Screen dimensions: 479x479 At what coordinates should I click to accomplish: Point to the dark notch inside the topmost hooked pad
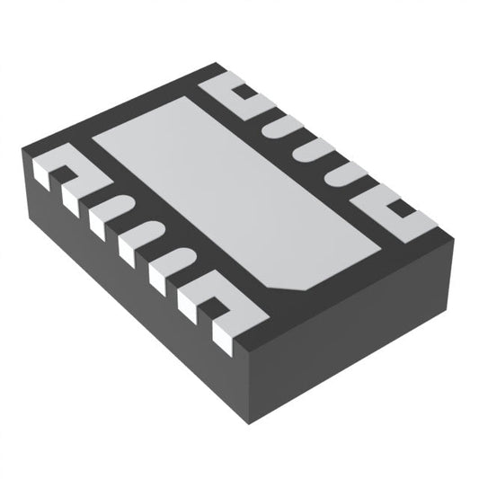243,91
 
